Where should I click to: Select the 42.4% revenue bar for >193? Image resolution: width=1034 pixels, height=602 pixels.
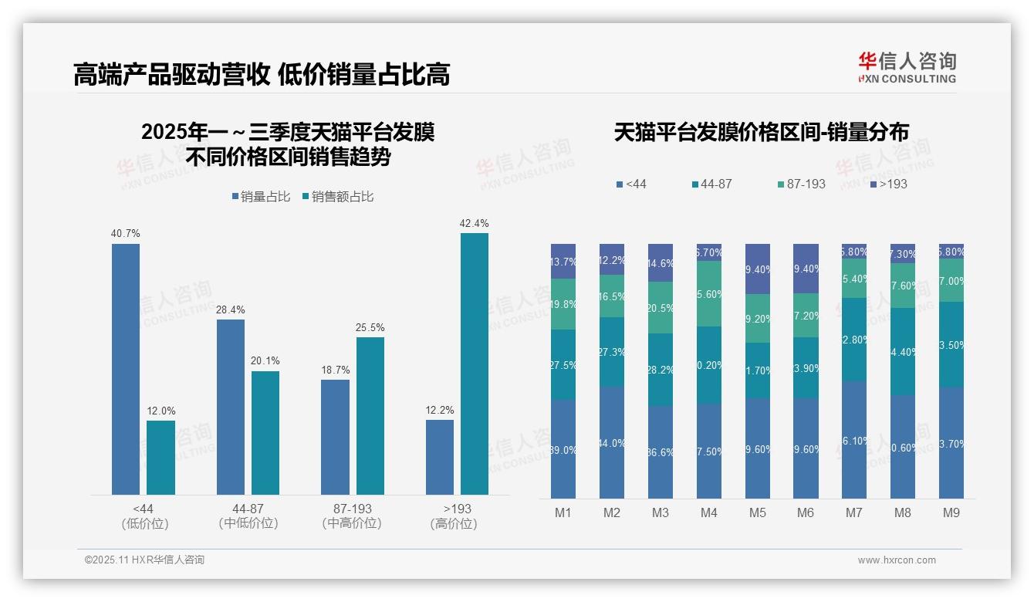(475, 364)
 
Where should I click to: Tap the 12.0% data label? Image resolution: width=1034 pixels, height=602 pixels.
(161, 411)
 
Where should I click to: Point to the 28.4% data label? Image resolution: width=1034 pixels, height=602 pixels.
(231, 309)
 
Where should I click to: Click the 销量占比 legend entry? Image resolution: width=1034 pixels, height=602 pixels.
(261, 197)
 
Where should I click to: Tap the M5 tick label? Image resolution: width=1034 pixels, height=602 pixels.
(758, 512)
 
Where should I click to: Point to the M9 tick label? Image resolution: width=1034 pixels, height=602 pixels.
(951, 512)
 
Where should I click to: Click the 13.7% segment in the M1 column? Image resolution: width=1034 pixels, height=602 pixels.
(563, 262)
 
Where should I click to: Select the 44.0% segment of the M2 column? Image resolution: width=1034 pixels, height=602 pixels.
(612, 442)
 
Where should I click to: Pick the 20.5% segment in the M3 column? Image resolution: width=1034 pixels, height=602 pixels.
(661, 307)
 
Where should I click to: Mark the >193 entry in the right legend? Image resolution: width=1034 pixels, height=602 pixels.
(889, 184)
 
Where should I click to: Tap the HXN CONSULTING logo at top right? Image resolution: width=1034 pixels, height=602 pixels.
(907, 67)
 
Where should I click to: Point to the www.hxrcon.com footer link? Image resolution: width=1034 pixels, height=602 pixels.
(897, 560)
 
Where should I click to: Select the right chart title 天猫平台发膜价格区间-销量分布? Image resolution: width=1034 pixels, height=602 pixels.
(761, 132)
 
